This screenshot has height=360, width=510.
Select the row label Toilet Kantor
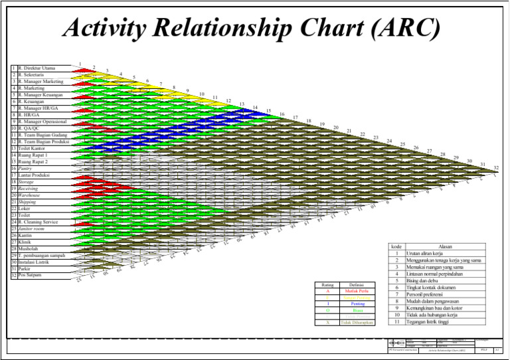pos(34,149)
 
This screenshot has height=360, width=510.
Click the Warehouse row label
pos(32,195)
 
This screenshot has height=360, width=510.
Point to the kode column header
pos(396,246)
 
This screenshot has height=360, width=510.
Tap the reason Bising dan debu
pos(425,281)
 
